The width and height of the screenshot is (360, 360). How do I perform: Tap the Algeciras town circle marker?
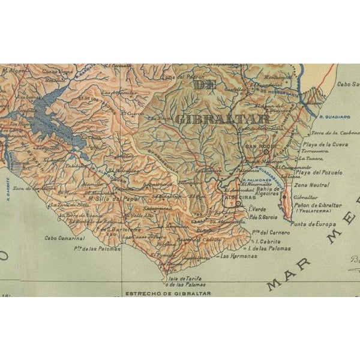point(238,204)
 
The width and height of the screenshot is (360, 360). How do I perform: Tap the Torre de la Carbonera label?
point(335,131)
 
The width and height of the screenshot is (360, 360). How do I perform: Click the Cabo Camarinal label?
point(59,237)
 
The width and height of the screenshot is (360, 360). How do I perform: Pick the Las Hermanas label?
point(239,256)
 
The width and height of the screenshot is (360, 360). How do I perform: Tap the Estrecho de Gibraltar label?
point(167,294)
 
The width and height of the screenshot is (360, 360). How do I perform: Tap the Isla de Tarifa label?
point(184,278)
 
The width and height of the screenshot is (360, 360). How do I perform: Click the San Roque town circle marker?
point(266,152)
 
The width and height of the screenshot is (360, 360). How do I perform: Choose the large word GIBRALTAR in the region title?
point(222,118)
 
